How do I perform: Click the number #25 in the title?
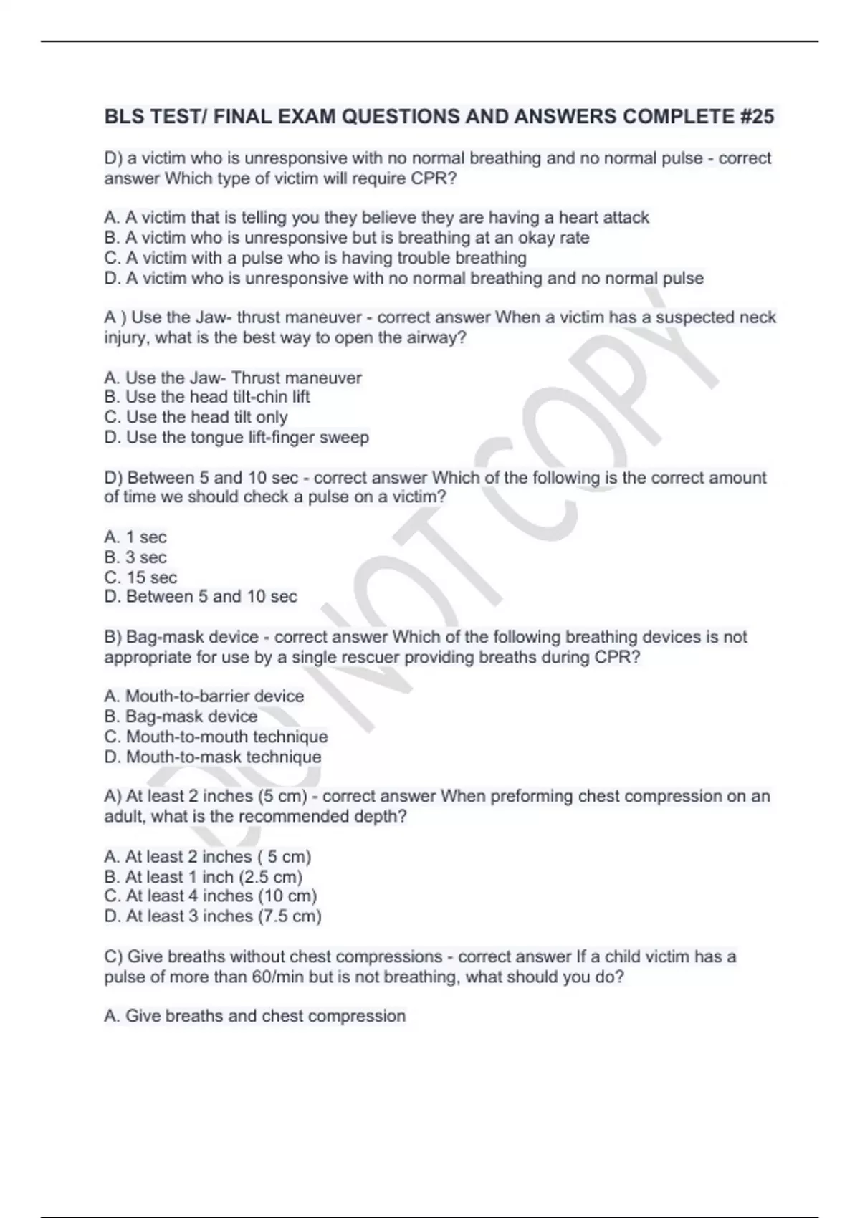756,116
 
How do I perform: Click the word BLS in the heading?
123,116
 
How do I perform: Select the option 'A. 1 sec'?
135,537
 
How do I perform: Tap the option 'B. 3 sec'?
135,557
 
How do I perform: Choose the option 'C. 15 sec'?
140,577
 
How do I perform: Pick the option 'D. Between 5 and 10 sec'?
201,596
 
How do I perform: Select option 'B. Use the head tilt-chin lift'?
207,396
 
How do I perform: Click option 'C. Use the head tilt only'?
196,416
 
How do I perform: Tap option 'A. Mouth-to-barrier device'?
204,696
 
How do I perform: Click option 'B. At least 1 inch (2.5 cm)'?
204,876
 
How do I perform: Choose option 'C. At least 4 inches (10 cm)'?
211,896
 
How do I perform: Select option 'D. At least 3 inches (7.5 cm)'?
213,916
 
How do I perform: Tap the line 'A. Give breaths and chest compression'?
255,1015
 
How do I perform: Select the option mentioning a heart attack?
377,217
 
